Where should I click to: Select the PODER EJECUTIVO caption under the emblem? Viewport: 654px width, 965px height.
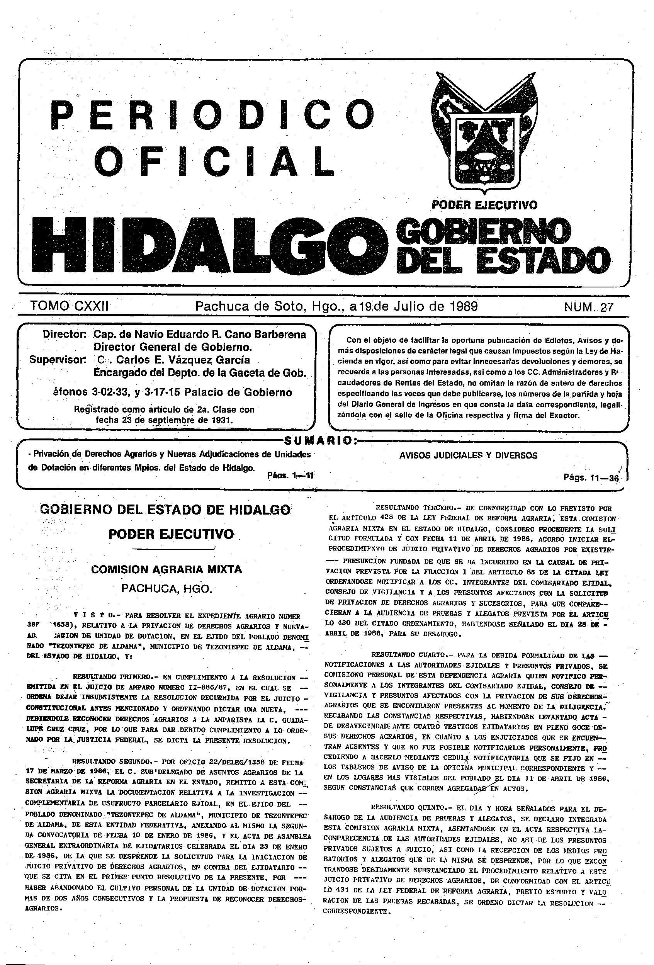pyautogui.click(x=484, y=205)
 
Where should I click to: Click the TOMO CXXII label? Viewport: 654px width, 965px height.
pyautogui.click(x=70, y=306)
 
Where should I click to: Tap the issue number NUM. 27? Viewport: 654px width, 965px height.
pyautogui.click(x=588, y=307)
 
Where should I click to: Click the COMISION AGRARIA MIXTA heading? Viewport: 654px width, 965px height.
pyautogui.click(x=166, y=569)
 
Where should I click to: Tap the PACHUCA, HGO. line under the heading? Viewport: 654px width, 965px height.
pyautogui.click(x=166, y=589)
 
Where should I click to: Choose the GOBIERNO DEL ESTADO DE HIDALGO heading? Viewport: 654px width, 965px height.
pyautogui.click(x=165, y=510)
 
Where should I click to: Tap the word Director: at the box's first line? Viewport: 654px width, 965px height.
pyautogui.click(x=65, y=335)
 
